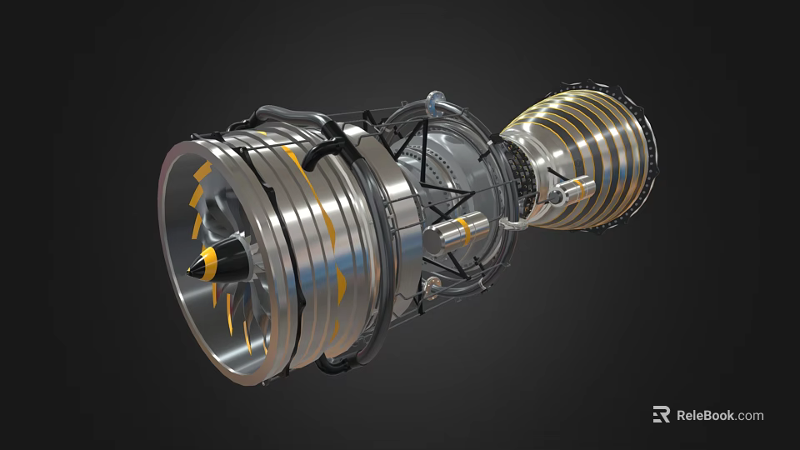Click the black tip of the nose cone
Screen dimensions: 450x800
(192, 271)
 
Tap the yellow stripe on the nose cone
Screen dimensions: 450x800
(211, 266)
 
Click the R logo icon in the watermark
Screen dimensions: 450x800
(661, 414)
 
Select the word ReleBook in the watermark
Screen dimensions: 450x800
(705, 415)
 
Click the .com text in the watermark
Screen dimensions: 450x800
(750, 415)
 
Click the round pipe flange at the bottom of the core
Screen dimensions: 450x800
(432, 286)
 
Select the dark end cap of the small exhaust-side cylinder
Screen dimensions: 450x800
(554, 197)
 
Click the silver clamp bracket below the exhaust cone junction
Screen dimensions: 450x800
(510, 224)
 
